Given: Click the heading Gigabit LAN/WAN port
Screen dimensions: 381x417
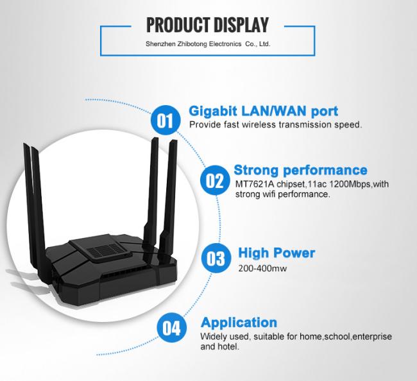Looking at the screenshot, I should click(x=263, y=111).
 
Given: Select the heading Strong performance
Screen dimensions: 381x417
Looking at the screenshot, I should click(x=300, y=170).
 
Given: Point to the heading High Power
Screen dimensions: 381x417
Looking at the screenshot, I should click(x=277, y=253).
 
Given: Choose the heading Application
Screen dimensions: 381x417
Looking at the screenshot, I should click(x=239, y=322).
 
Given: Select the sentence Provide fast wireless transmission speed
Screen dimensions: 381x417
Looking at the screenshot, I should click(x=275, y=125).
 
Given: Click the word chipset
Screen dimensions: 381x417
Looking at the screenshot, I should click(x=293, y=185).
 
